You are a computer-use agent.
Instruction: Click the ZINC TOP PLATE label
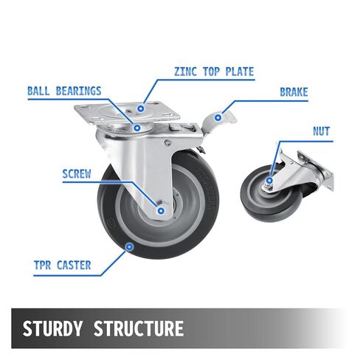(214, 72)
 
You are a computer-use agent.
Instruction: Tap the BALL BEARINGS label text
(64, 91)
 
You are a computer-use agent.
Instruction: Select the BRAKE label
(294, 92)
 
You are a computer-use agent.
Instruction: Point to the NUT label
(321, 131)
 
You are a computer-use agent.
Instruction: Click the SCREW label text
(77, 174)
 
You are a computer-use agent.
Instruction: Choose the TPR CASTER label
(63, 265)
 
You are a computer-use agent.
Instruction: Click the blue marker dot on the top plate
(141, 108)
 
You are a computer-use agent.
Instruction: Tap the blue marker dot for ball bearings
(137, 128)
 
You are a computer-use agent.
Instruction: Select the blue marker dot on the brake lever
(218, 118)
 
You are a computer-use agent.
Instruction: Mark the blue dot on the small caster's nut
(269, 181)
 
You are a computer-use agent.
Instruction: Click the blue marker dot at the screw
(161, 211)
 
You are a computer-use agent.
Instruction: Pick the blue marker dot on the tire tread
(129, 246)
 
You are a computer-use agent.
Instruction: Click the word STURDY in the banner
(52, 328)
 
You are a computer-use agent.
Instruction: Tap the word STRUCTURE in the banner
(139, 328)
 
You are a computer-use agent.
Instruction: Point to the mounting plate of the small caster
(316, 170)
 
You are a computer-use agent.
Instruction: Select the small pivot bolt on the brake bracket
(167, 142)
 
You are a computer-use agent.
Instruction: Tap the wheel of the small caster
(271, 194)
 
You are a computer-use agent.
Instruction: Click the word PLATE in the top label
(240, 72)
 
